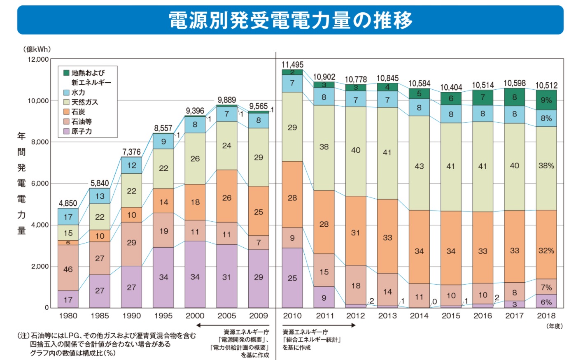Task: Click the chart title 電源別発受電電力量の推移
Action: point(290,20)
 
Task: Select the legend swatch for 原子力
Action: point(66,131)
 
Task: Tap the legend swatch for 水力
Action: point(66,93)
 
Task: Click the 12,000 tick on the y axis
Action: point(38,59)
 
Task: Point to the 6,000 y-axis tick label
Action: point(40,183)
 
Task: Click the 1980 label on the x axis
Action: point(68,316)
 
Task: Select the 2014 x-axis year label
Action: point(419,316)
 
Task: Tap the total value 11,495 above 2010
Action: point(292,65)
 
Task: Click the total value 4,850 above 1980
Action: point(68,203)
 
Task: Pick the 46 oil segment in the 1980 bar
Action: point(68,269)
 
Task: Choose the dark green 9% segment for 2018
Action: point(546,100)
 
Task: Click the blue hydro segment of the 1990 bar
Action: point(131,165)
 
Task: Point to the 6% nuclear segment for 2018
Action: point(546,301)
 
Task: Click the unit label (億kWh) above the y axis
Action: point(37,49)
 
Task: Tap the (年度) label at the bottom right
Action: point(554,326)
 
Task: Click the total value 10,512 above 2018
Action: point(546,85)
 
